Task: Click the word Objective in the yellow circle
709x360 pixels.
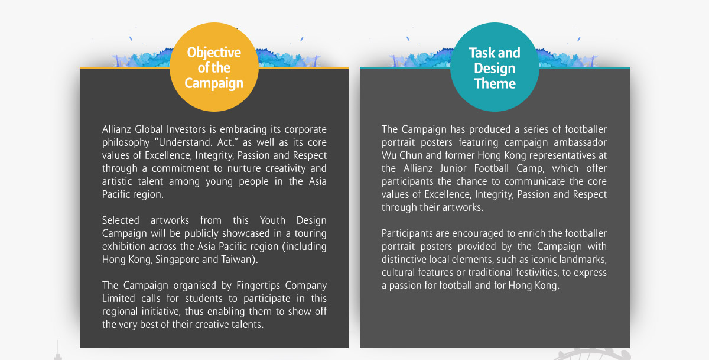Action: [214, 53]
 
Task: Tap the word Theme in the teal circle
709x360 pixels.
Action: [495, 83]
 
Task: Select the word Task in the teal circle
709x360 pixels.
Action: [481, 53]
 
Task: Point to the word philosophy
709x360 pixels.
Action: [126, 143]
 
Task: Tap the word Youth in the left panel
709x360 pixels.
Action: [272, 220]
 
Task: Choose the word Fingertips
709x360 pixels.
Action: [258, 286]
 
